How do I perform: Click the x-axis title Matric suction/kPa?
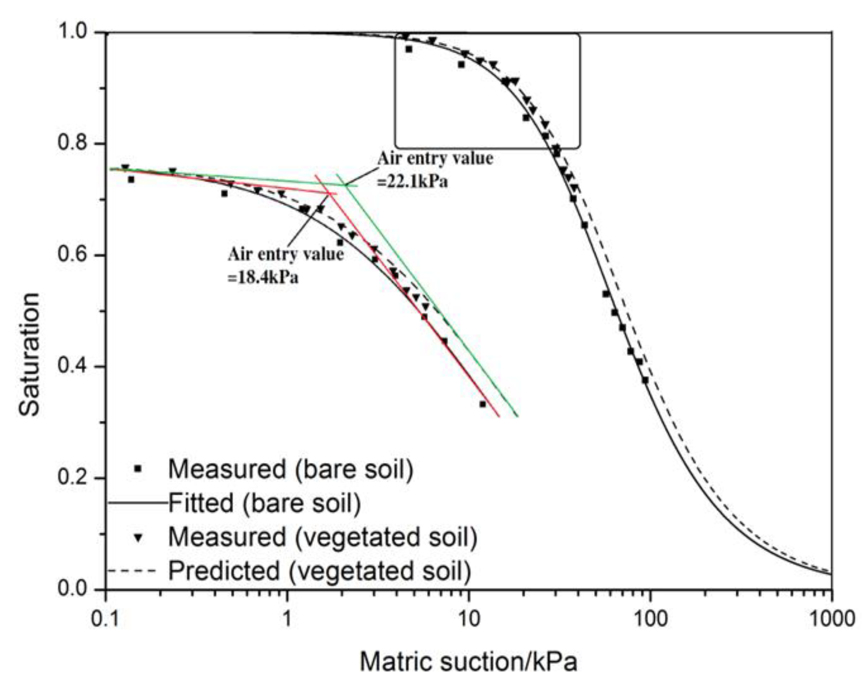[x=468, y=661]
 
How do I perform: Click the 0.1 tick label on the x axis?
[x=106, y=619]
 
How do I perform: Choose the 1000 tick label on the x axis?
[x=831, y=619]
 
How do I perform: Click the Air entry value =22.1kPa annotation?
[x=435, y=169]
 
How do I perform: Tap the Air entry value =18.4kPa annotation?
[x=285, y=265]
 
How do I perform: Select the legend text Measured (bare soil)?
[x=290, y=469]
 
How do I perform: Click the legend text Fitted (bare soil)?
[x=264, y=503]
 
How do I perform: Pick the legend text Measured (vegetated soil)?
[x=322, y=537]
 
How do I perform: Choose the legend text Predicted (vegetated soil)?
[x=319, y=571]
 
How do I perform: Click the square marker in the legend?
[x=137, y=469]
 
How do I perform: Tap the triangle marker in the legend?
[x=138, y=537]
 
